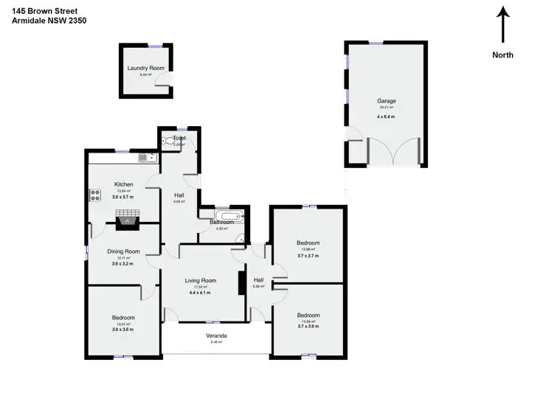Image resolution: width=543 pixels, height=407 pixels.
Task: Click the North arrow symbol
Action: pyautogui.click(x=503, y=24)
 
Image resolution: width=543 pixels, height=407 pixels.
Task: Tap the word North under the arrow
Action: pyautogui.click(x=503, y=55)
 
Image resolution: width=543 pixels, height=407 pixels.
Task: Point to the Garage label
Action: pyautogui.click(x=387, y=101)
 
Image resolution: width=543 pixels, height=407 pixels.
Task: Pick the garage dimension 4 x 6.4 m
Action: pyautogui.click(x=387, y=116)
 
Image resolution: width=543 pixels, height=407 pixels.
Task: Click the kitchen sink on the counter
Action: pyautogui.click(x=145, y=157)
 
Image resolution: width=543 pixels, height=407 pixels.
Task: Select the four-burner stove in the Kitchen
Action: pyautogui.click(x=95, y=195)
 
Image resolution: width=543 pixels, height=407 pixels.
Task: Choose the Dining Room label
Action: pyautogui.click(x=123, y=251)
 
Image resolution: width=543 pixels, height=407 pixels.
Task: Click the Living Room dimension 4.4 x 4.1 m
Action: pyautogui.click(x=200, y=293)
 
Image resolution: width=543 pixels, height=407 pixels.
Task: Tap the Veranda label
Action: pyautogui.click(x=216, y=335)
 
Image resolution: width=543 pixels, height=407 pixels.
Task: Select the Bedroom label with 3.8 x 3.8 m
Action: pyautogui.click(x=123, y=318)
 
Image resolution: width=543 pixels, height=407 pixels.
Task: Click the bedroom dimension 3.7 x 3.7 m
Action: pyautogui.click(x=308, y=256)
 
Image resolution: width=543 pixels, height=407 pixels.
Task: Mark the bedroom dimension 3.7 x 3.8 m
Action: pyautogui.click(x=308, y=328)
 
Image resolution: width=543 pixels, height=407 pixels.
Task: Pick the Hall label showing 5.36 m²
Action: pyautogui.click(x=258, y=280)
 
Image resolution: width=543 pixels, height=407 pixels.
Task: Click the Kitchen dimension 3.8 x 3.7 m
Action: pyautogui.click(x=123, y=197)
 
